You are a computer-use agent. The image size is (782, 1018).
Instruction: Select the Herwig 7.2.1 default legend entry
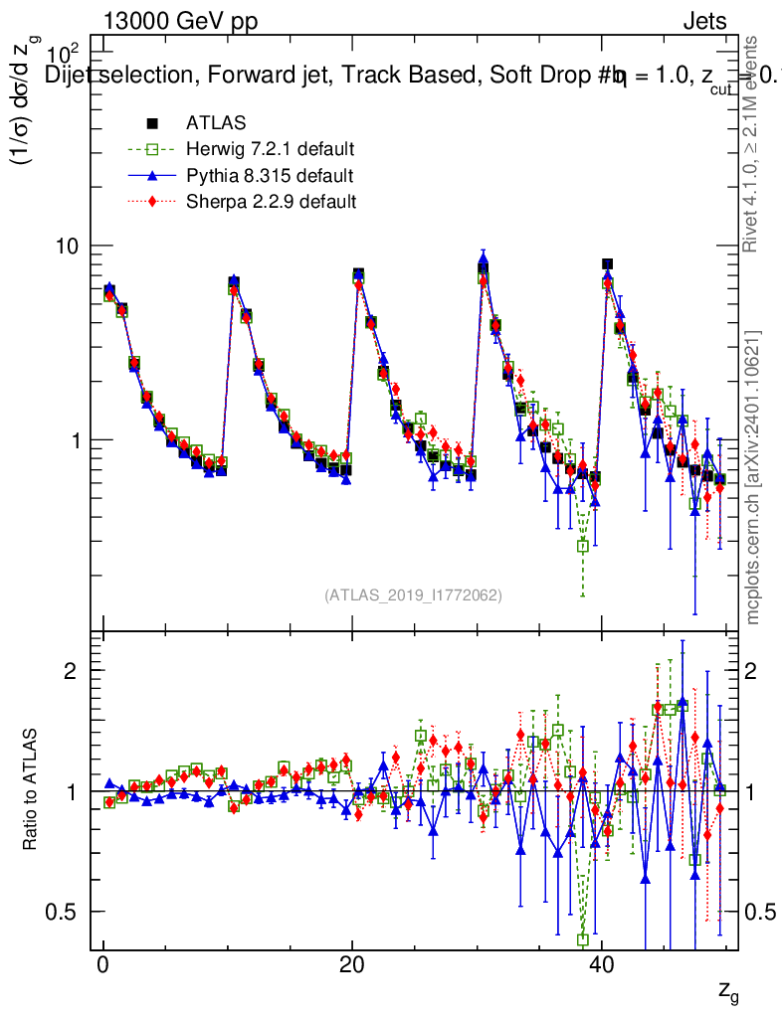(x=270, y=150)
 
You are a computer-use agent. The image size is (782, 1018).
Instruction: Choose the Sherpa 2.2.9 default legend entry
(x=271, y=202)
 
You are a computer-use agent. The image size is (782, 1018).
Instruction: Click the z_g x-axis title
(x=728, y=991)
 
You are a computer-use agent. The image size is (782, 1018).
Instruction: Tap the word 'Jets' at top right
(x=703, y=22)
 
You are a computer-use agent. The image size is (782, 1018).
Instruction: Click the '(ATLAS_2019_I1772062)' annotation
(x=413, y=595)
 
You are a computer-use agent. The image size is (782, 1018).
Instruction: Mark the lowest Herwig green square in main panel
(x=583, y=546)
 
